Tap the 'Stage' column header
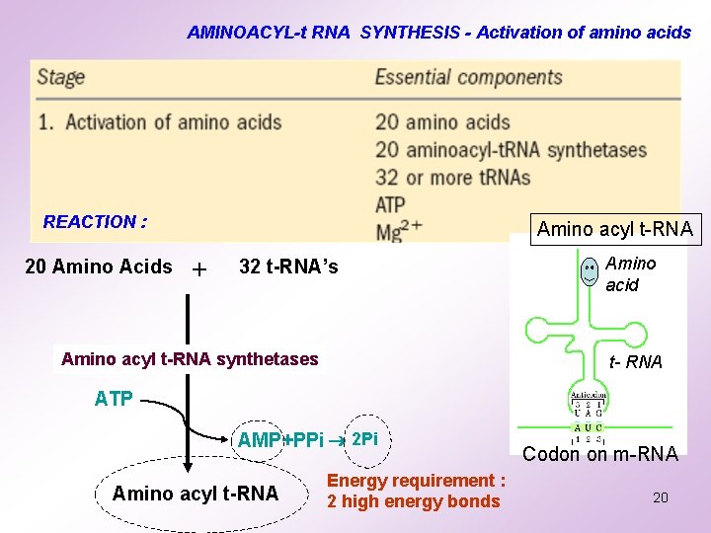pos(61,78)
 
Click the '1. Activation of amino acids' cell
pos(174,122)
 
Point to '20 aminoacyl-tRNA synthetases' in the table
pos(511,150)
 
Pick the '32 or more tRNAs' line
pos(452,178)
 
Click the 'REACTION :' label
pos(95,222)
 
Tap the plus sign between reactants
pos(200,269)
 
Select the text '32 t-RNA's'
pos(288,266)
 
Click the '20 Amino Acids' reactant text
pos(98,266)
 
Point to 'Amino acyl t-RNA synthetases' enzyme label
pos(190,359)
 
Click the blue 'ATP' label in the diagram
pos(115,399)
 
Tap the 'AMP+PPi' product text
pos(280,440)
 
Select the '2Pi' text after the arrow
pos(364,438)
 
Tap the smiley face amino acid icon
pos(589,271)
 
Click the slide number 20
pos(661,497)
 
